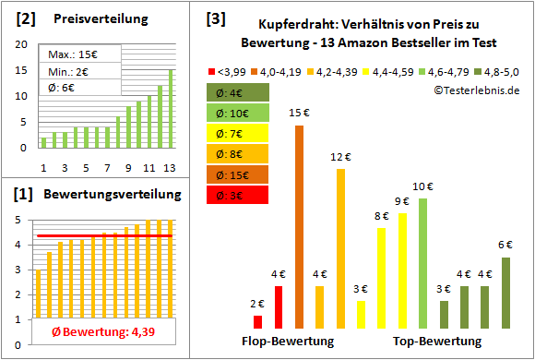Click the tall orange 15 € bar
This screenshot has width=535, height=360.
tap(299, 226)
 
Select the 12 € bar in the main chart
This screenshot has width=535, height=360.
tap(340, 248)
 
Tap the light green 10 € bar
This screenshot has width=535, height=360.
tap(423, 263)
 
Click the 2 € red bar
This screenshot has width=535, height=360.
tap(257, 321)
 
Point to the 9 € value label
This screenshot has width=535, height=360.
tap(402, 201)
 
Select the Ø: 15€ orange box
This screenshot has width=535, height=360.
tap(239, 174)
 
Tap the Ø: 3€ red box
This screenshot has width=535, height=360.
tap(239, 195)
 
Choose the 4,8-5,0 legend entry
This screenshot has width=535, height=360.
tap(499, 69)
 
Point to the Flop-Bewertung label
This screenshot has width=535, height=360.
tap(288, 341)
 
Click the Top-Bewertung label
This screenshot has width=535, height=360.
tap(437, 341)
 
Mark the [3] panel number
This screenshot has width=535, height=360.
tap(215, 18)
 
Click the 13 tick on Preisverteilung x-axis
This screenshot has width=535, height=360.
tap(170, 166)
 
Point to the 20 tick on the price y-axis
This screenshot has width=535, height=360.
tap(22, 43)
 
